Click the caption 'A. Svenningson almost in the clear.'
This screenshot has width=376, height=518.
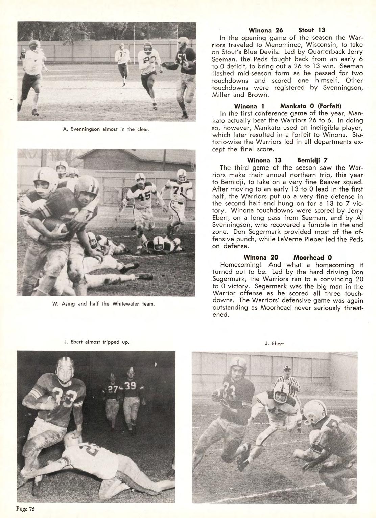click(106, 129)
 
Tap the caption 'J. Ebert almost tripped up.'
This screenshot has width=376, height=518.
click(97, 342)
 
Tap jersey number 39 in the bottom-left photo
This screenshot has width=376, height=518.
click(130, 385)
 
